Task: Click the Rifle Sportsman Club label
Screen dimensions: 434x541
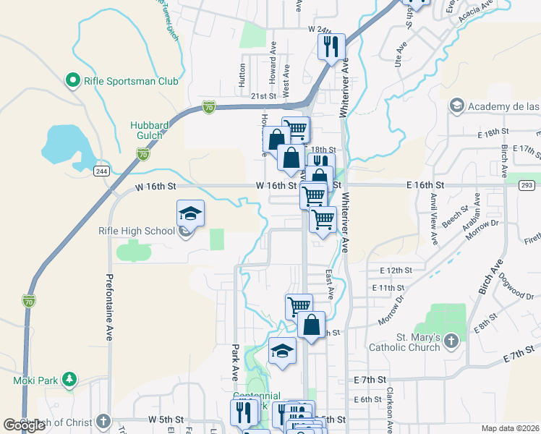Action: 131,81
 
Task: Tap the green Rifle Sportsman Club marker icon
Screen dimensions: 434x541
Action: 72,80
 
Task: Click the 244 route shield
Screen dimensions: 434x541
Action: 101,171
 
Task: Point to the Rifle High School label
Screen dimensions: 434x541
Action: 137,231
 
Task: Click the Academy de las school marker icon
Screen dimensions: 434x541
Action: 456,106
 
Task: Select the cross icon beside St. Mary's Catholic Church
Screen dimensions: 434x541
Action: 451,340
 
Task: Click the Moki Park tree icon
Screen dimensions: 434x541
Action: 69,379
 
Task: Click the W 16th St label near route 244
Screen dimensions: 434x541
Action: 156,186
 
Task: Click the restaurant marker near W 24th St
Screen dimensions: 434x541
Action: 331,48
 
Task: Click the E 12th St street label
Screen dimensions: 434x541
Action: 396,270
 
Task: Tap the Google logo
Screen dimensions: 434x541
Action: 24,425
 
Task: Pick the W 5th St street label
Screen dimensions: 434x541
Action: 166,419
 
